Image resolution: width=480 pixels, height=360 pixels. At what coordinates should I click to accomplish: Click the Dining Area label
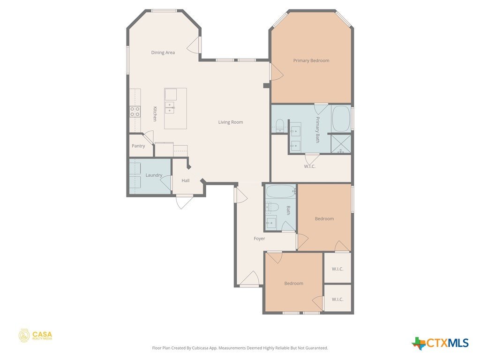tap(163, 52)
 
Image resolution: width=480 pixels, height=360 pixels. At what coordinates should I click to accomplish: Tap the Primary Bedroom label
tap(311, 60)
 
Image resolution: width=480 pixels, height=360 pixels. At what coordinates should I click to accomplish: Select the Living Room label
tap(231, 122)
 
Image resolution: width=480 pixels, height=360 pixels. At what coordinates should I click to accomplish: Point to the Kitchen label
tap(155, 114)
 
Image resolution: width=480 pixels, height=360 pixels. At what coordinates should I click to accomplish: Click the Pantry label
tap(138, 146)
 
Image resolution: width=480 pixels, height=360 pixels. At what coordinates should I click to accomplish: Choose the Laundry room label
tap(154, 175)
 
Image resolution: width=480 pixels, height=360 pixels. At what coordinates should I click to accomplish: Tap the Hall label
tap(186, 180)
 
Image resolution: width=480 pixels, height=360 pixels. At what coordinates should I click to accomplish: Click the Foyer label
tap(259, 239)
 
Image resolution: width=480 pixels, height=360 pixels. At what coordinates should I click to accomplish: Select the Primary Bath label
tap(317, 129)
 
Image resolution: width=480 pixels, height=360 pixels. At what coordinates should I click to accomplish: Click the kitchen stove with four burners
tap(135, 112)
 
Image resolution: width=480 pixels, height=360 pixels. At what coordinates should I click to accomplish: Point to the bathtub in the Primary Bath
tap(341, 119)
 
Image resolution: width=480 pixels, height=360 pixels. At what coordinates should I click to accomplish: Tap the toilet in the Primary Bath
tap(280, 126)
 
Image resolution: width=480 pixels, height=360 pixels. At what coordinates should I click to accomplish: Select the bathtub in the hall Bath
tap(281, 192)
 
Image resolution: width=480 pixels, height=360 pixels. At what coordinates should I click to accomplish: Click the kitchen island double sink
tap(170, 107)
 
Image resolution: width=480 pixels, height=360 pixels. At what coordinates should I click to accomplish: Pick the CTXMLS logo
tap(440, 343)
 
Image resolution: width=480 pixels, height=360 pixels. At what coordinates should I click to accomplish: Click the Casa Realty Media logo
tap(35, 336)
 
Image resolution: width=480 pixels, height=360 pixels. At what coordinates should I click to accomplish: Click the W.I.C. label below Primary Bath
tap(309, 166)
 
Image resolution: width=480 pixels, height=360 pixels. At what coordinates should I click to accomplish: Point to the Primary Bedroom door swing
tap(277, 72)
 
